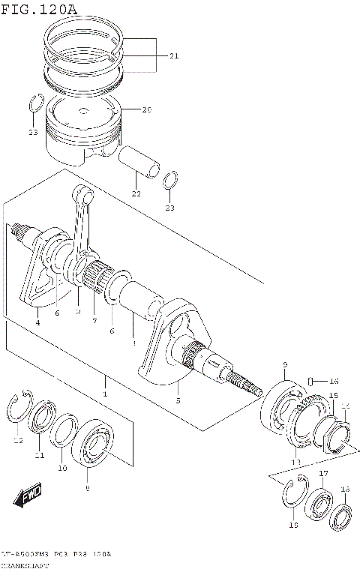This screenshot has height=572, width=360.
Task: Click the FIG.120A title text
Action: pyautogui.click(x=39, y=8)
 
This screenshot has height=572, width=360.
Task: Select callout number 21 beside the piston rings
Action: pyautogui.click(x=174, y=56)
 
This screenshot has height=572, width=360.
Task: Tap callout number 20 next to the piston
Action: pyautogui.click(x=146, y=110)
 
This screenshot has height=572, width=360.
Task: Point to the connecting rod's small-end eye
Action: pyautogui.click(x=85, y=196)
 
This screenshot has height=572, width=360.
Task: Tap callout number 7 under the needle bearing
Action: pyautogui.click(x=94, y=321)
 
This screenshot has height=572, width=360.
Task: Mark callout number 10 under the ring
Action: pyautogui.click(x=62, y=469)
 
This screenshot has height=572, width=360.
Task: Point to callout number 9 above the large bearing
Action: pyautogui.click(x=285, y=365)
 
